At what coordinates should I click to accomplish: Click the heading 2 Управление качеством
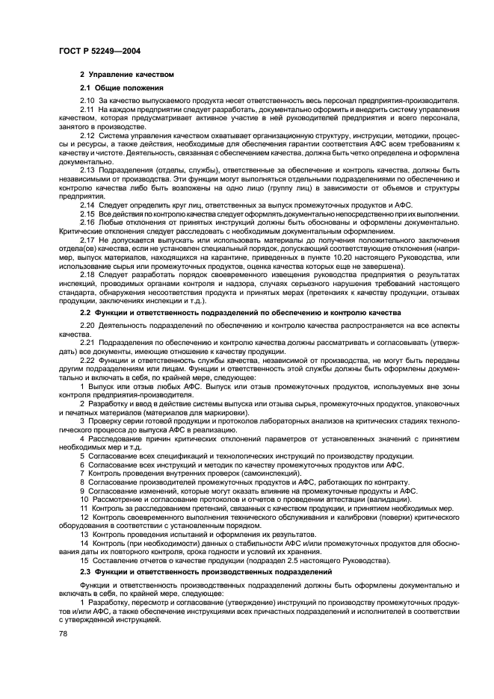pos(126,75)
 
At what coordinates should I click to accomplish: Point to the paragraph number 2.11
pos(87,110)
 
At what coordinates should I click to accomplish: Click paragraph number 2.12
pos(87,135)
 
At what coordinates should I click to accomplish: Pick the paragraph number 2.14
pos(87,204)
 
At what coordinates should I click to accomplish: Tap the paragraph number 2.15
pos(87,214)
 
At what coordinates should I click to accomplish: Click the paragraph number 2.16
pos(87,223)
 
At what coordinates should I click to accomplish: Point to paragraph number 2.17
pos(87,240)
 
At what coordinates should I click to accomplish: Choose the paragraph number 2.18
pos(87,274)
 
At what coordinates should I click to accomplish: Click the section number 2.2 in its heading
pos(85,312)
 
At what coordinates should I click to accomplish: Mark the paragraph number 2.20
pos(87,326)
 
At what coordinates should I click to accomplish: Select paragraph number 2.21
pos(87,344)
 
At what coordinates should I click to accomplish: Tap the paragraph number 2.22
pos(87,361)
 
